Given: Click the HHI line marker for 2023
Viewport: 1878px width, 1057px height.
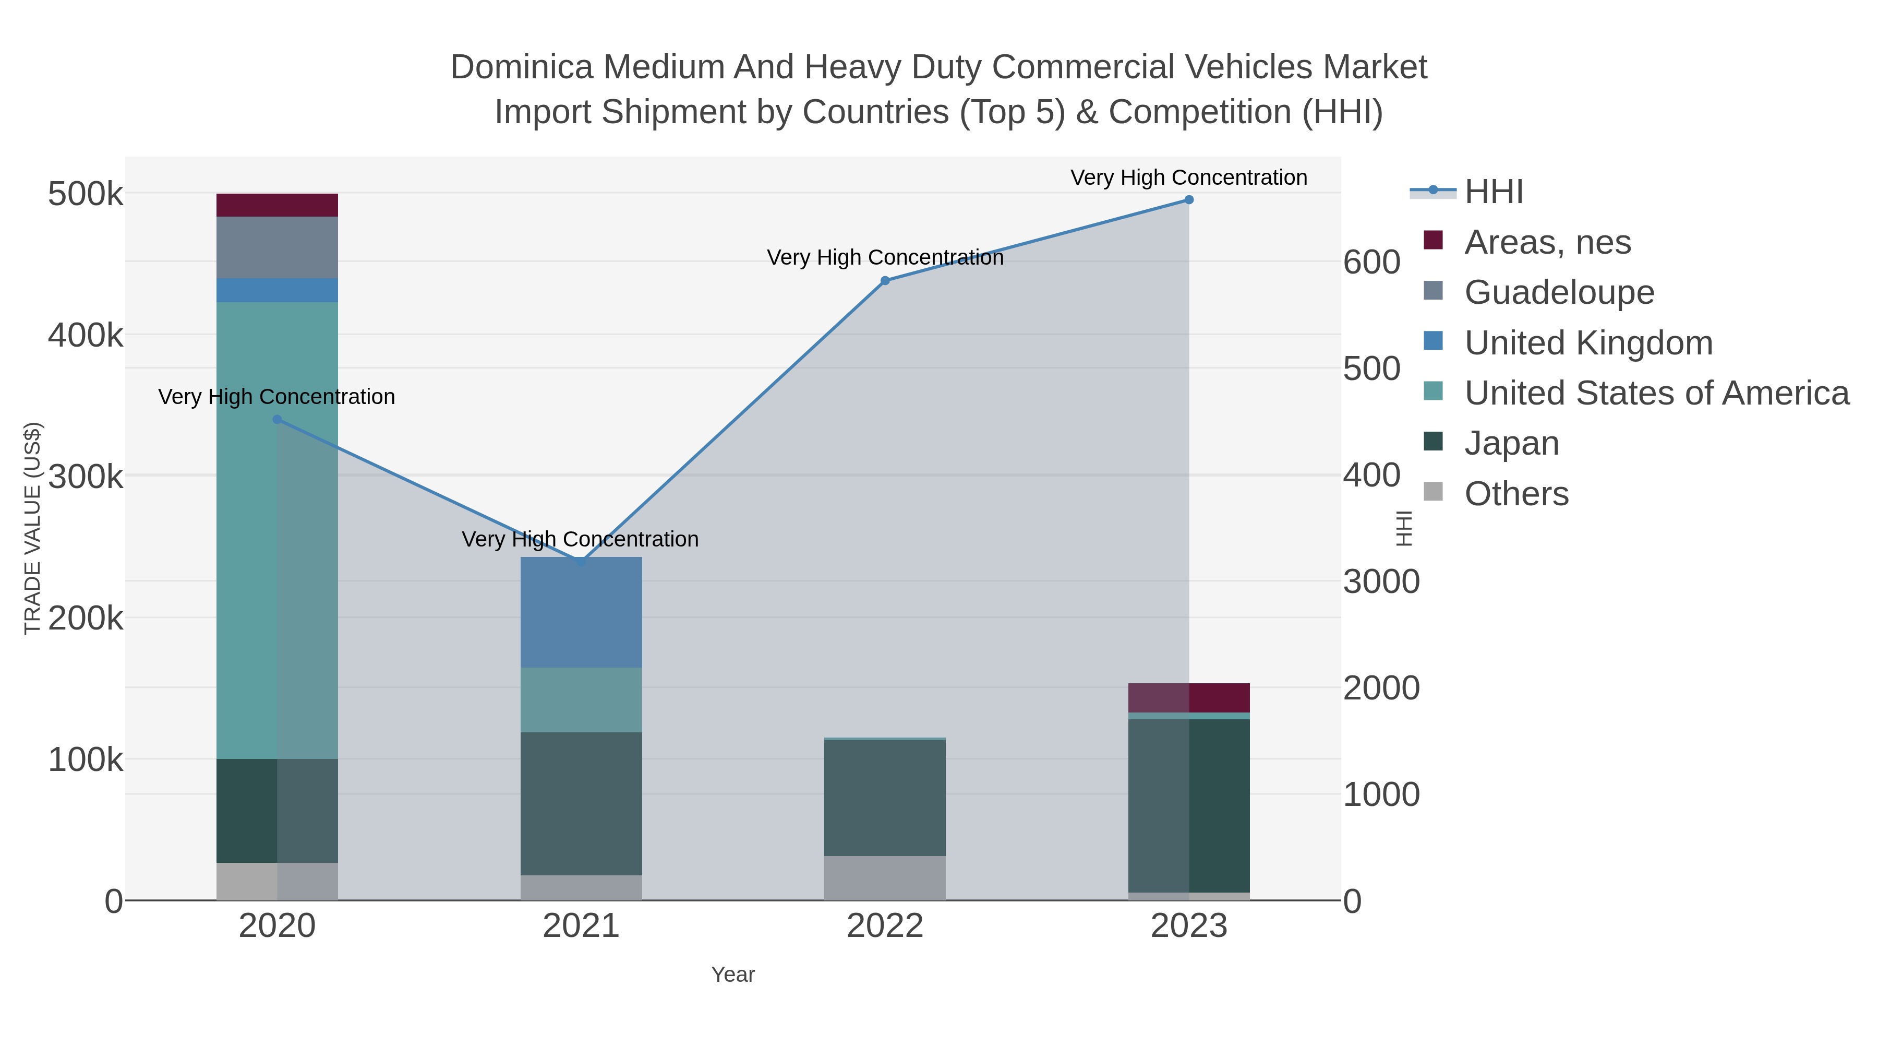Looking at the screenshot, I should pos(1188,200).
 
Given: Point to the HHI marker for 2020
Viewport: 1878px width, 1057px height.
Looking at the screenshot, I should pos(277,420).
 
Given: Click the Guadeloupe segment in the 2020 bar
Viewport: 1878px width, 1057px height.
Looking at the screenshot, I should pos(277,247).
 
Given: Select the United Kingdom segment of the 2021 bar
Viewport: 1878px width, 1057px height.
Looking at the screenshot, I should pos(581,612).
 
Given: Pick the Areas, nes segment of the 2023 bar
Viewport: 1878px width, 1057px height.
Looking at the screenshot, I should pos(1188,698).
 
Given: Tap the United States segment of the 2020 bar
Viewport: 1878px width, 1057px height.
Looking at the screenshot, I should pos(277,530).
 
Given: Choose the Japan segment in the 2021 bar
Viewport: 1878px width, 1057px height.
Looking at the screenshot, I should pos(581,803).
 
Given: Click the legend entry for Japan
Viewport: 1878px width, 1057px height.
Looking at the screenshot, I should pos(1511,444).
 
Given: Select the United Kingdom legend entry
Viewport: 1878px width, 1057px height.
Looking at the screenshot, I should pos(1588,343).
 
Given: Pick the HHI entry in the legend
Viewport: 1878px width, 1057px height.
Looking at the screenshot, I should pos(1493,192).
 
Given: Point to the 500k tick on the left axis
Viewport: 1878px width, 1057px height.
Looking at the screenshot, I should pos(86,195).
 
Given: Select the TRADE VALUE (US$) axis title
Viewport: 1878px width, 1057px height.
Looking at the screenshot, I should pos(33,528).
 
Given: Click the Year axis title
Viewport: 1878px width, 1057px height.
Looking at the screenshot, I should pos(733,975).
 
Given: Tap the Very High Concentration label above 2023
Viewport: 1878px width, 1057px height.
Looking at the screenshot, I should pos(1188,177).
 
